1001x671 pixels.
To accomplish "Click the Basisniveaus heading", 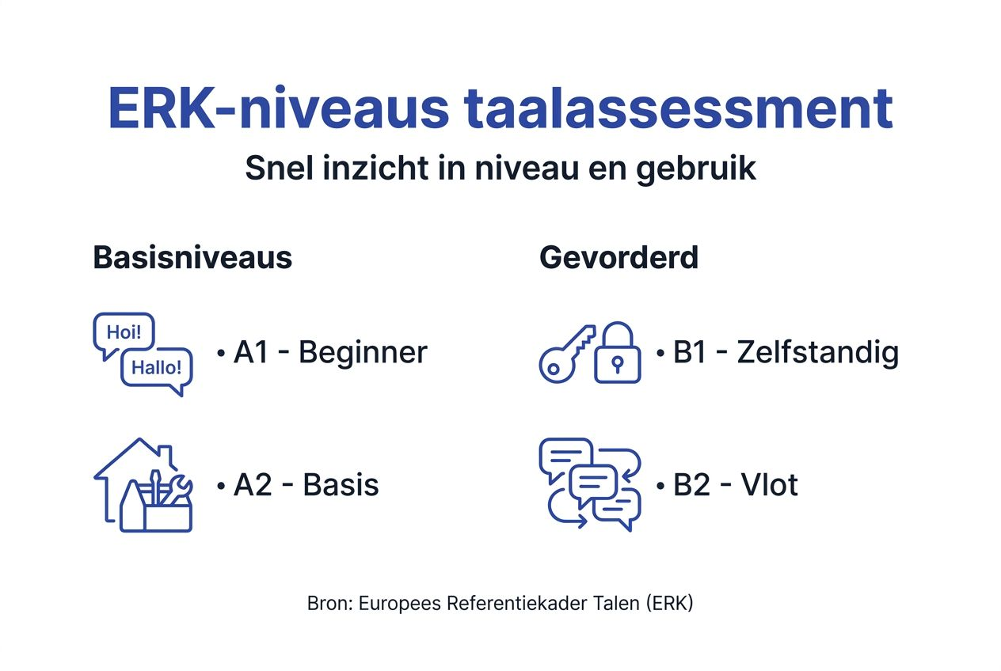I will (192, 258).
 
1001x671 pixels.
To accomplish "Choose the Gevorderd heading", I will (618, 258).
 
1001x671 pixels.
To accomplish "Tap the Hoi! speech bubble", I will (124, 333).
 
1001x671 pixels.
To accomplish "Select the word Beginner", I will (363, 352).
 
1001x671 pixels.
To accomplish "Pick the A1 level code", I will (252, 352).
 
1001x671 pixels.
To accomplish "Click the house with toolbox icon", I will (143, 484).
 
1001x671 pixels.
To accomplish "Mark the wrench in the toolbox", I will (178, 490).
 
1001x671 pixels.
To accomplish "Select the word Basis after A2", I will (341, 485).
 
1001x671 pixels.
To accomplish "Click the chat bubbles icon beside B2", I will (590, 483).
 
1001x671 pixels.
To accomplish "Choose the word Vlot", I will (769, 485).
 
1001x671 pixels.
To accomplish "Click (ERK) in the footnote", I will (669, 603).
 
